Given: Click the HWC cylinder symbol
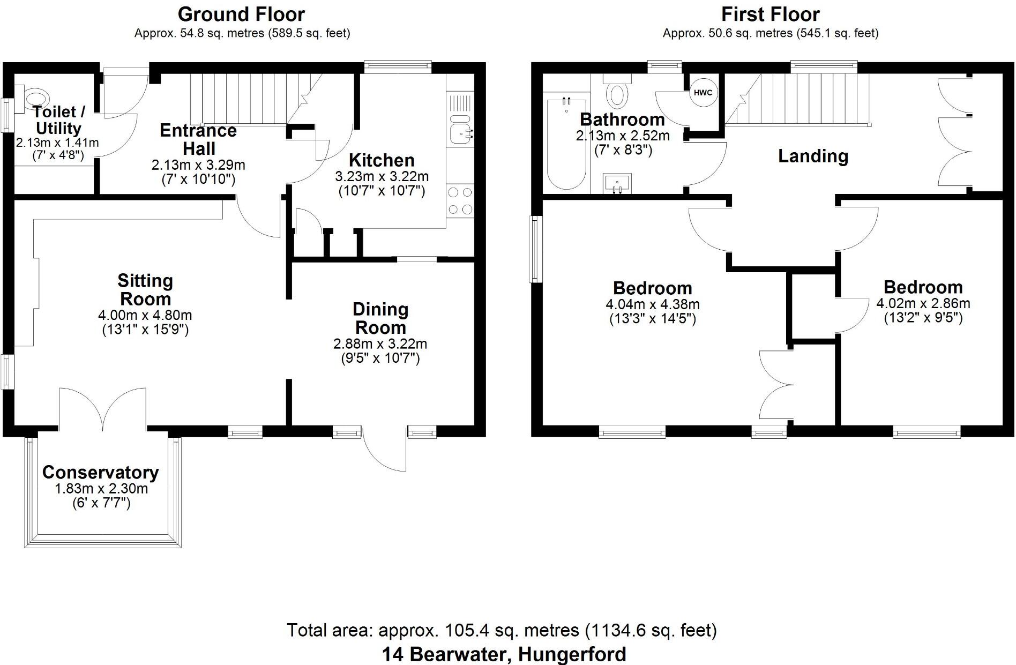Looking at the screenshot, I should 703,93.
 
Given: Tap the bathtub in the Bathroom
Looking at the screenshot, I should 566,145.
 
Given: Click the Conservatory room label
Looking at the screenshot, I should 100,473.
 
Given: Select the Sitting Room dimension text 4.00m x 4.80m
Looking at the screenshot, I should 145,316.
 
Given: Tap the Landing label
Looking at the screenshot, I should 813,156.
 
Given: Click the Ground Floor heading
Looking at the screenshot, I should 241,14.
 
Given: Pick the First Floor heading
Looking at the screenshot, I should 770,14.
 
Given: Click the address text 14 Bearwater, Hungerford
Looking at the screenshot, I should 504,654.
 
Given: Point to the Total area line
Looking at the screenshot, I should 502,630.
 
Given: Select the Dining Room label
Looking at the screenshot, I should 380,318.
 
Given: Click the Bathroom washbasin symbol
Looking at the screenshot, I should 617,183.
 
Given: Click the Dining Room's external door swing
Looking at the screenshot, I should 384,450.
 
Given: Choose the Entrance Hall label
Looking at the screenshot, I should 198,139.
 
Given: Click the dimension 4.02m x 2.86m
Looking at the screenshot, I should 923,303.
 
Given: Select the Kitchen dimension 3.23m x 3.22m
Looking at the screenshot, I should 382,176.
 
